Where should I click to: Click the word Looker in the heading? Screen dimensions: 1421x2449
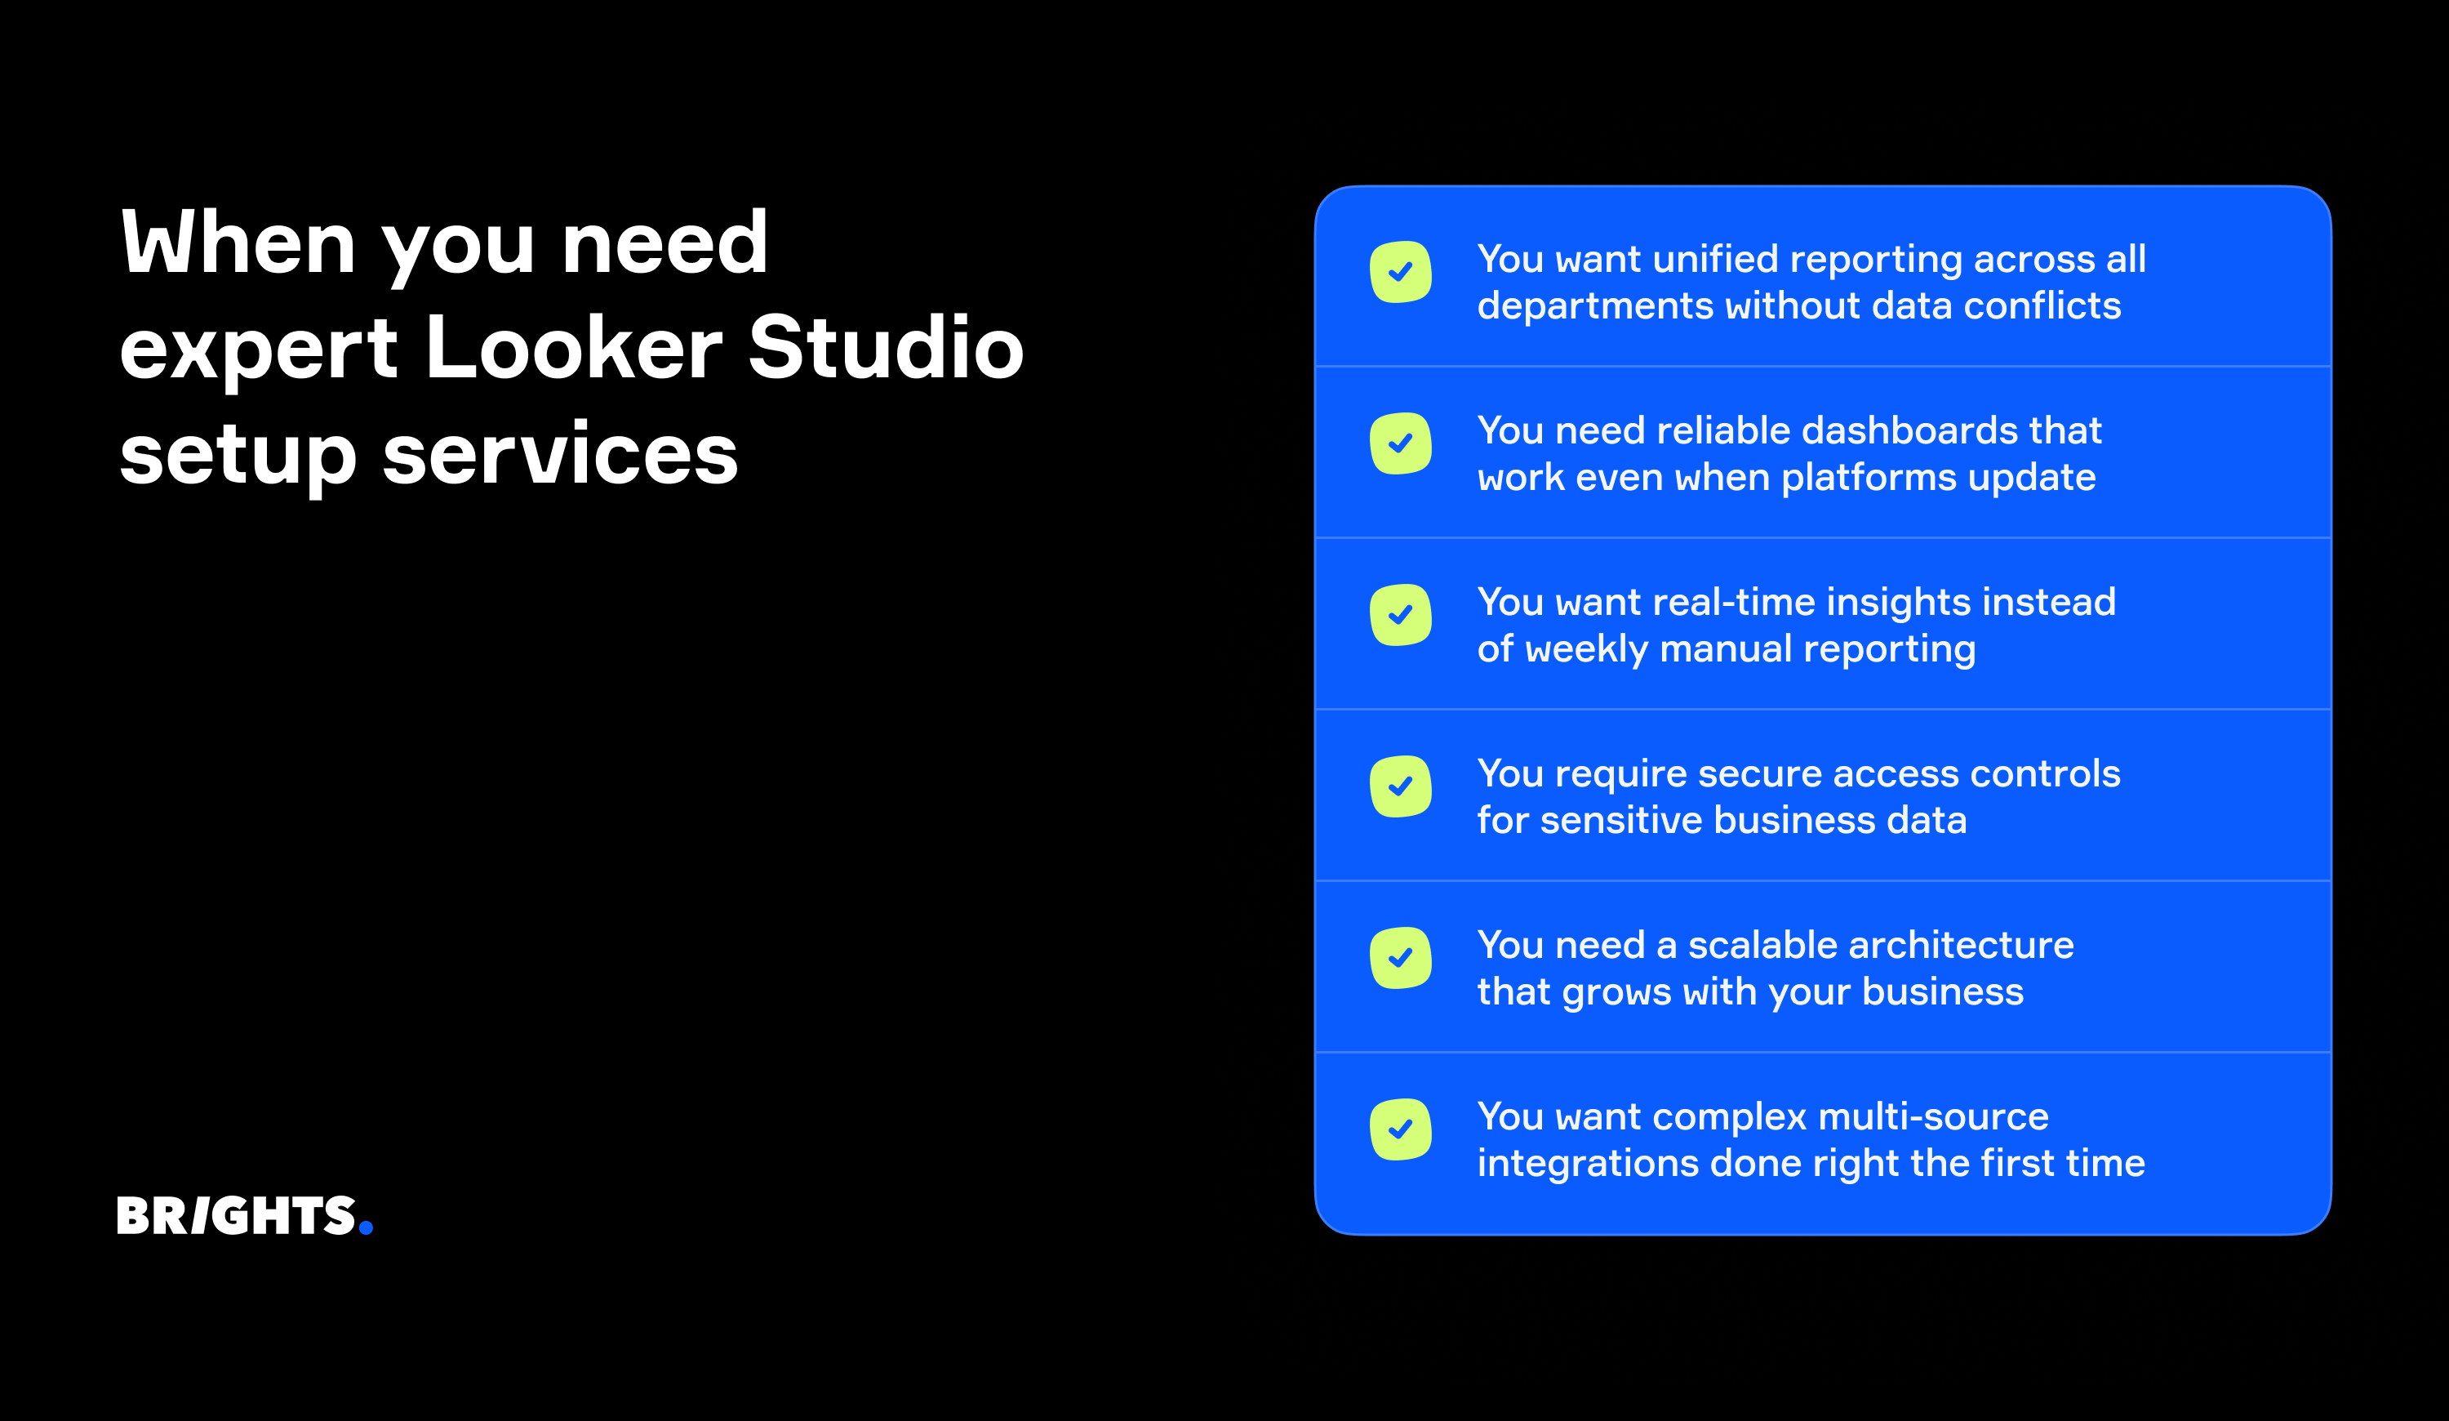(573, 348)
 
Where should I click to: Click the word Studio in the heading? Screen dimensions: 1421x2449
(886, 348)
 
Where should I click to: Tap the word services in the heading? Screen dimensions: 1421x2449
(560, 454)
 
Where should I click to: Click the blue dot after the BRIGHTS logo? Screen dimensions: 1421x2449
(366, 1227)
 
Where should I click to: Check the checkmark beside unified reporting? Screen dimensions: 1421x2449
(1400, 272)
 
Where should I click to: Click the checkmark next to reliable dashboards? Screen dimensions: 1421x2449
(1400, 444)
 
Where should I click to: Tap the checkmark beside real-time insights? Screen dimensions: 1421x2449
(1400, 615)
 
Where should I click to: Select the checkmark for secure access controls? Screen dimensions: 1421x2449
(1400, 786)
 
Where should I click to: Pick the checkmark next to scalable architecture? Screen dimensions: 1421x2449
(1400, 958)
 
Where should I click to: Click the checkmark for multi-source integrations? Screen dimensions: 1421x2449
(1400, 1129)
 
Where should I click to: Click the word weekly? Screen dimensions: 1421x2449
(1586, 649)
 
